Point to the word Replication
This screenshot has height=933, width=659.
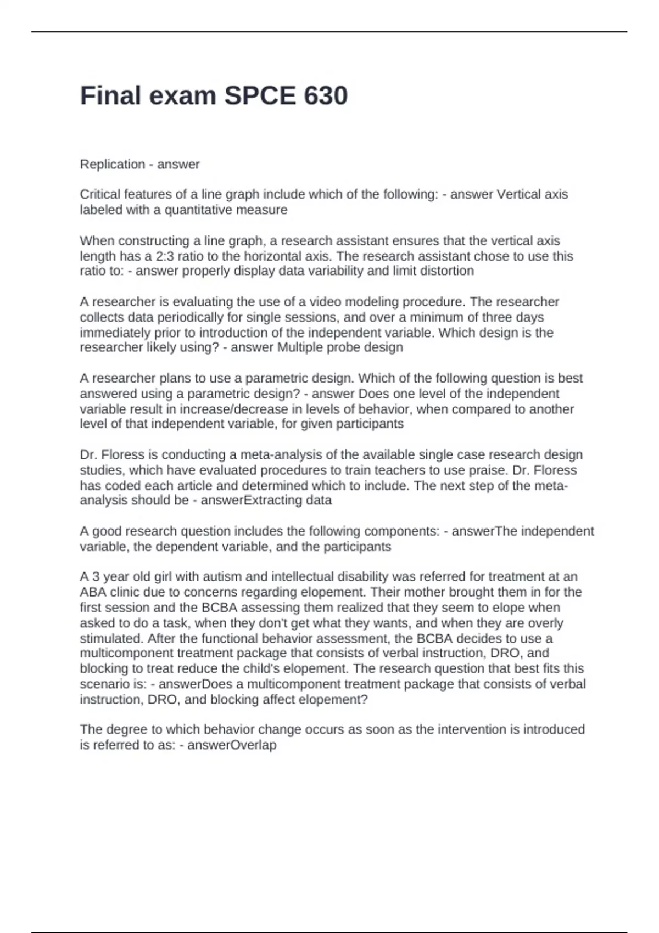point(113,164)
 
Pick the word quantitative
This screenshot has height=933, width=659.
point(198,210)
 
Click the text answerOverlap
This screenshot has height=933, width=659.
point(232,745)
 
